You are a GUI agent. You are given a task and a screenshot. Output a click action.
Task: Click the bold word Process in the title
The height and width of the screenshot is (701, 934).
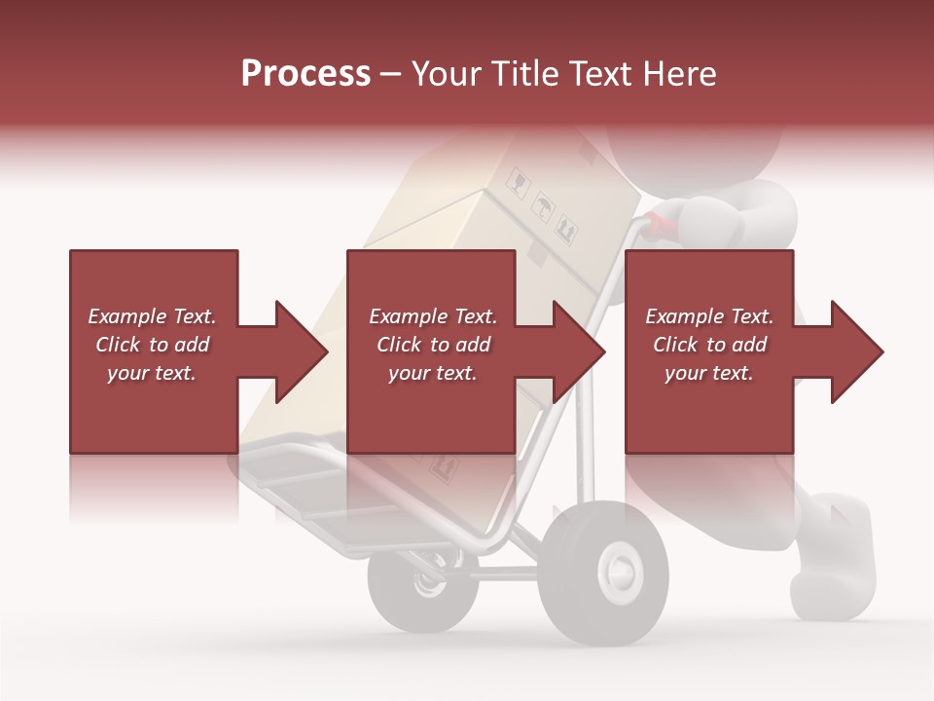[x=305, y=74]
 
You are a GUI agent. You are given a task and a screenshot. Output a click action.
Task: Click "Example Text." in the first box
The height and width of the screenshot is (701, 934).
[x=153, y=316]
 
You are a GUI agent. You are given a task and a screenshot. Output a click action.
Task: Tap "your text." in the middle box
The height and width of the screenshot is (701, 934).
[x=432, y=373]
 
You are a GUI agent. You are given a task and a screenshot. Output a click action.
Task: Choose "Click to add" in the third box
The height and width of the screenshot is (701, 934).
[x=710, y=345]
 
